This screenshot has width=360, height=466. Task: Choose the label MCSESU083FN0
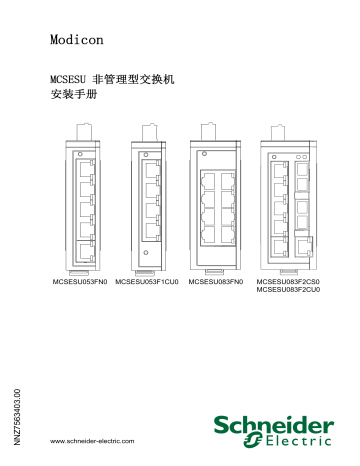(x=216, y=285)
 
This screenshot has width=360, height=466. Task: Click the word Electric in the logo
(x=300, y=438)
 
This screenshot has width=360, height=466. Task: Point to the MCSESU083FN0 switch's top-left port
(x=213, y=179)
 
